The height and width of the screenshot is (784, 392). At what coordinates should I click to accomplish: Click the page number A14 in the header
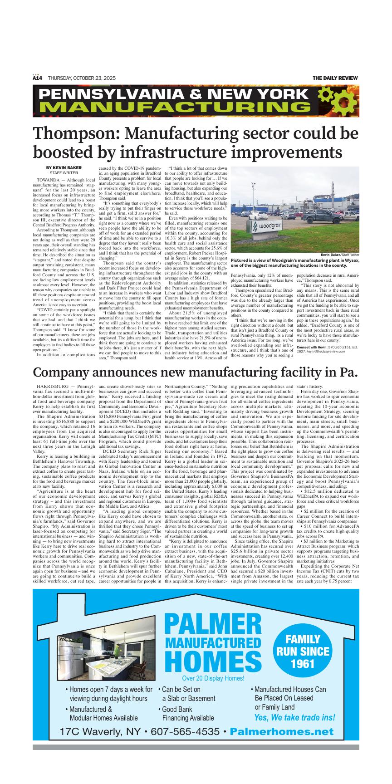click(37, 78)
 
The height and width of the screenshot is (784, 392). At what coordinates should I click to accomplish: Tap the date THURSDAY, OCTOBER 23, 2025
click(82, 78)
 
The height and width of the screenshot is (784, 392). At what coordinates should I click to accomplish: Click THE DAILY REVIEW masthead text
click(335, 78)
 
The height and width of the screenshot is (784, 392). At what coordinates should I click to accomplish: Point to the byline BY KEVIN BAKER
click(64, 168)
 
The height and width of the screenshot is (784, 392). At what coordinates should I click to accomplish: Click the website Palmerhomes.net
click(281, 732)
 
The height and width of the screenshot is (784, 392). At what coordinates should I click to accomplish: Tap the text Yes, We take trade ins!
click(295, 718)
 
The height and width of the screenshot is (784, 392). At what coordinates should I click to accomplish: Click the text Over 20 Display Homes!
click(213, 679)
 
